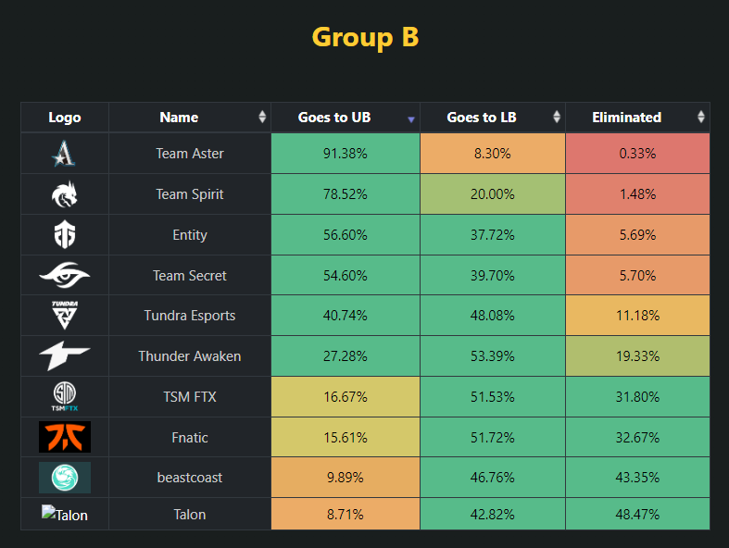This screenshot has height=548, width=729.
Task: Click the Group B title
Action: point(365,37)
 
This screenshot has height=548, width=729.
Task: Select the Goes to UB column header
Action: point(334,118)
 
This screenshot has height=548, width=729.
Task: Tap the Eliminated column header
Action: point(626,118)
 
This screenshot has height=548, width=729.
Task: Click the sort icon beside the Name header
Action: point(262,118)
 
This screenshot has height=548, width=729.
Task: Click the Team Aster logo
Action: point(65,154)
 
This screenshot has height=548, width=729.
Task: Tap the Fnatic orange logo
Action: point(65,437)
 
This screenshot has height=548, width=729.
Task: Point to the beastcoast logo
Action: point(65,478)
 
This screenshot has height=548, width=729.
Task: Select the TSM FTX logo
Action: point(65,397)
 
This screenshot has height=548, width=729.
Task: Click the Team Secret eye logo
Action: point(65,275)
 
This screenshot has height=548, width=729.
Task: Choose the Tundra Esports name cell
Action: point(190,316)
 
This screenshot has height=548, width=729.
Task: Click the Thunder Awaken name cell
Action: point(190,356)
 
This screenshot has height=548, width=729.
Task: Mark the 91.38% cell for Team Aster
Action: point(346,154)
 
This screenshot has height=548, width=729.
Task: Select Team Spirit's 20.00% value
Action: point(493,194)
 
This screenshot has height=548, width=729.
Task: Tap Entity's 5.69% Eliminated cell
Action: point(637,235)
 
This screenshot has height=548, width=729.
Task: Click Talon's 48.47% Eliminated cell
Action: point(637,515)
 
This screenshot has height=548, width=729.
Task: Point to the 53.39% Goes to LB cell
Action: point(493,356)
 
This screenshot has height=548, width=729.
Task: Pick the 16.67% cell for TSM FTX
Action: point(346,397)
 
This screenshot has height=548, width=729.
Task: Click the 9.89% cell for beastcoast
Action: point(346,478)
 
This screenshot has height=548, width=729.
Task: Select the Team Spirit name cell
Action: point(190,194)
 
